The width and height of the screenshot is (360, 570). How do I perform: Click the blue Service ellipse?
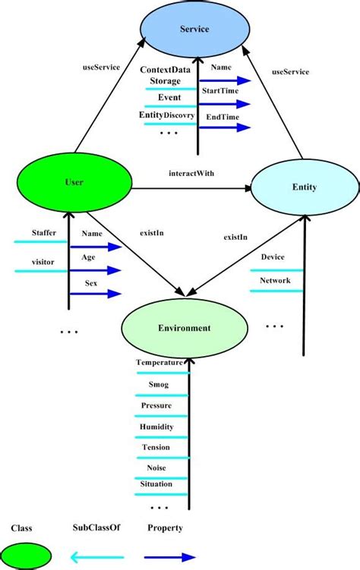coord(194,29)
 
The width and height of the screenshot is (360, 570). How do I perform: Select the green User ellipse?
coord(74,183)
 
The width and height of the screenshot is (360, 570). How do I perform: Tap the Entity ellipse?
coord(304,187)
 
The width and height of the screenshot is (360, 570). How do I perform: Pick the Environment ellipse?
coord(184,328)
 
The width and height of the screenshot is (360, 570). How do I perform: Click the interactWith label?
coord(191,173)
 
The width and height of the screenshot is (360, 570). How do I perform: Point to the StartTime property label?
coord(218,90)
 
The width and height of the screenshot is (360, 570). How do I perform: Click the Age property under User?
coord(88,257)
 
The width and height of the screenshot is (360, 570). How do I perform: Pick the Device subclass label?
coord(273,257)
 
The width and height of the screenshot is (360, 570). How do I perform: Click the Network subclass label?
coord(274,279)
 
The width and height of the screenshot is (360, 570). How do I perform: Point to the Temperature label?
coord(159,363)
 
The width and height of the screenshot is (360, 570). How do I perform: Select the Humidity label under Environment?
coord(156,427)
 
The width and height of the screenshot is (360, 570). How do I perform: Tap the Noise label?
coord(156,468)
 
